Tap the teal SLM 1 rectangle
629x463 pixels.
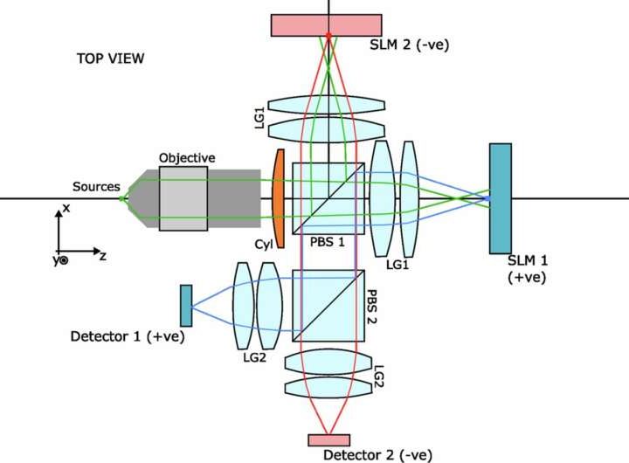click(x=501, y=198)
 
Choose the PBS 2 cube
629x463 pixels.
click(x=328, y=305)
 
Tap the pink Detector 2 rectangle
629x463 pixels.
click(x=329, y=439)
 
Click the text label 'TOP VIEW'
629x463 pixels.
click(x=110, y=59)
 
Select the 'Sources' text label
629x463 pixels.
click(x=97, y=186)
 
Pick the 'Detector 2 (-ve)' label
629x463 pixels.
click(x=377, y=455)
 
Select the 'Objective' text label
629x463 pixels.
click(x=187, y=157)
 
